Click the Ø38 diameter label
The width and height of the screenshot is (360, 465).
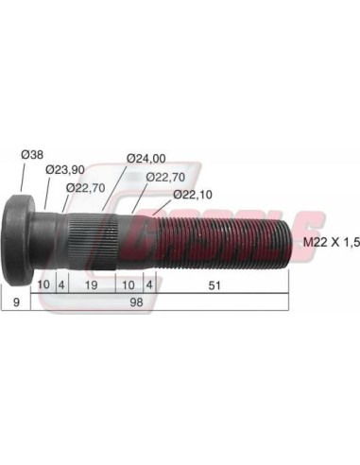click(32, 155)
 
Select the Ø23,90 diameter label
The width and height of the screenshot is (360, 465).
click(65, 170)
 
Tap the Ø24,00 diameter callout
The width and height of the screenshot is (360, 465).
click(146, 159)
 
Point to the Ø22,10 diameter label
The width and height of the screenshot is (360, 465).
click(193, 195)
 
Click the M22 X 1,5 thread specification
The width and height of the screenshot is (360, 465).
click(332, 242)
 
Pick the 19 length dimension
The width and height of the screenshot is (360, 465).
click(92, 285)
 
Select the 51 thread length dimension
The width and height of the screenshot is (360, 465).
click(214, 285)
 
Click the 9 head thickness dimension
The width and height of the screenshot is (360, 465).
click(16, 301)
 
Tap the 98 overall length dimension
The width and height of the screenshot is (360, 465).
click(136, 301)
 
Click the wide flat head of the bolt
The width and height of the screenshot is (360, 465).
click(17, 240)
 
